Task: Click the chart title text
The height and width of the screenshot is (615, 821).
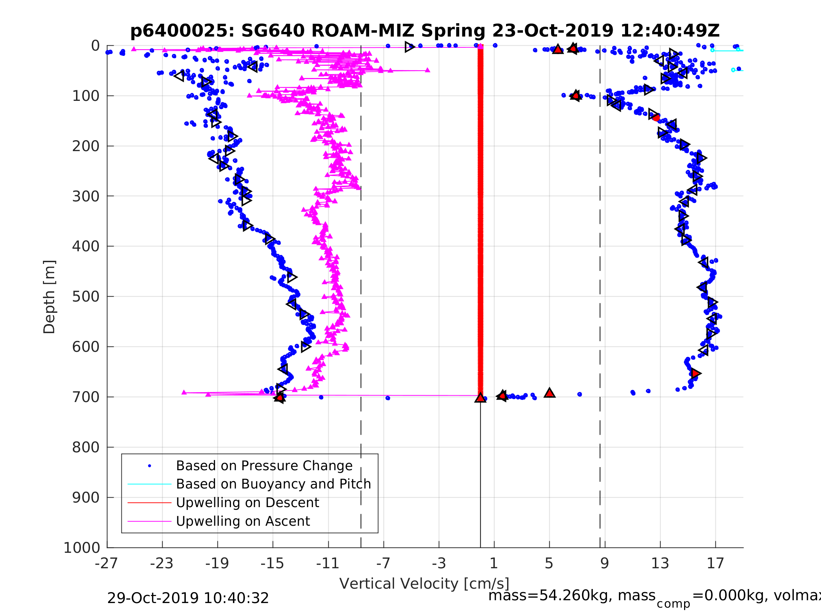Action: pos(425,31)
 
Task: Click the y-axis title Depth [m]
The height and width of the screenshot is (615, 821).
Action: pos(49,297)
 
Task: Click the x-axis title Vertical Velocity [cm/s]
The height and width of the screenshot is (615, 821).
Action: pos(424,583)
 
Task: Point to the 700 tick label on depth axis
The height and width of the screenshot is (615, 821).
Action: pos(86,397)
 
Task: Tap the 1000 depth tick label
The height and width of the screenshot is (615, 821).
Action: pos(82,548)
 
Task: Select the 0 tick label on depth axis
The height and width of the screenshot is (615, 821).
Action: pos(95,46)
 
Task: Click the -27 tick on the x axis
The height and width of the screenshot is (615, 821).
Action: pos(106,563)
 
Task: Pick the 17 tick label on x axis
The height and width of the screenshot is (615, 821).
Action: pos(715,563)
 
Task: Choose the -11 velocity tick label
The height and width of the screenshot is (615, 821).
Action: pos(328,563)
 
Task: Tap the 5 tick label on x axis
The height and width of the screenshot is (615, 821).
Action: pos(549,563)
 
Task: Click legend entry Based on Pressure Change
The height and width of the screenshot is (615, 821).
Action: pos(264,466)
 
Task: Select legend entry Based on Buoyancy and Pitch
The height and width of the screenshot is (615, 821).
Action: pos(273,484)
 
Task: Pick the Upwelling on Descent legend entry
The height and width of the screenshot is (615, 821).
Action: pos(247,503)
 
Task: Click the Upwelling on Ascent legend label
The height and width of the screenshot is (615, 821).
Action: pos(243,521)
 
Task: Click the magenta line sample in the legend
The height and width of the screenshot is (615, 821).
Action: pos(149,522)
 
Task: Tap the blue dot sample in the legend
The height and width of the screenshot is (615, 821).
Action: pos(150,466)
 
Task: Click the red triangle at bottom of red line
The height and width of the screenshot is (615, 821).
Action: pos(480,398)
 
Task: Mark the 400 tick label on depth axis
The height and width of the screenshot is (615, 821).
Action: pos(86,246)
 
